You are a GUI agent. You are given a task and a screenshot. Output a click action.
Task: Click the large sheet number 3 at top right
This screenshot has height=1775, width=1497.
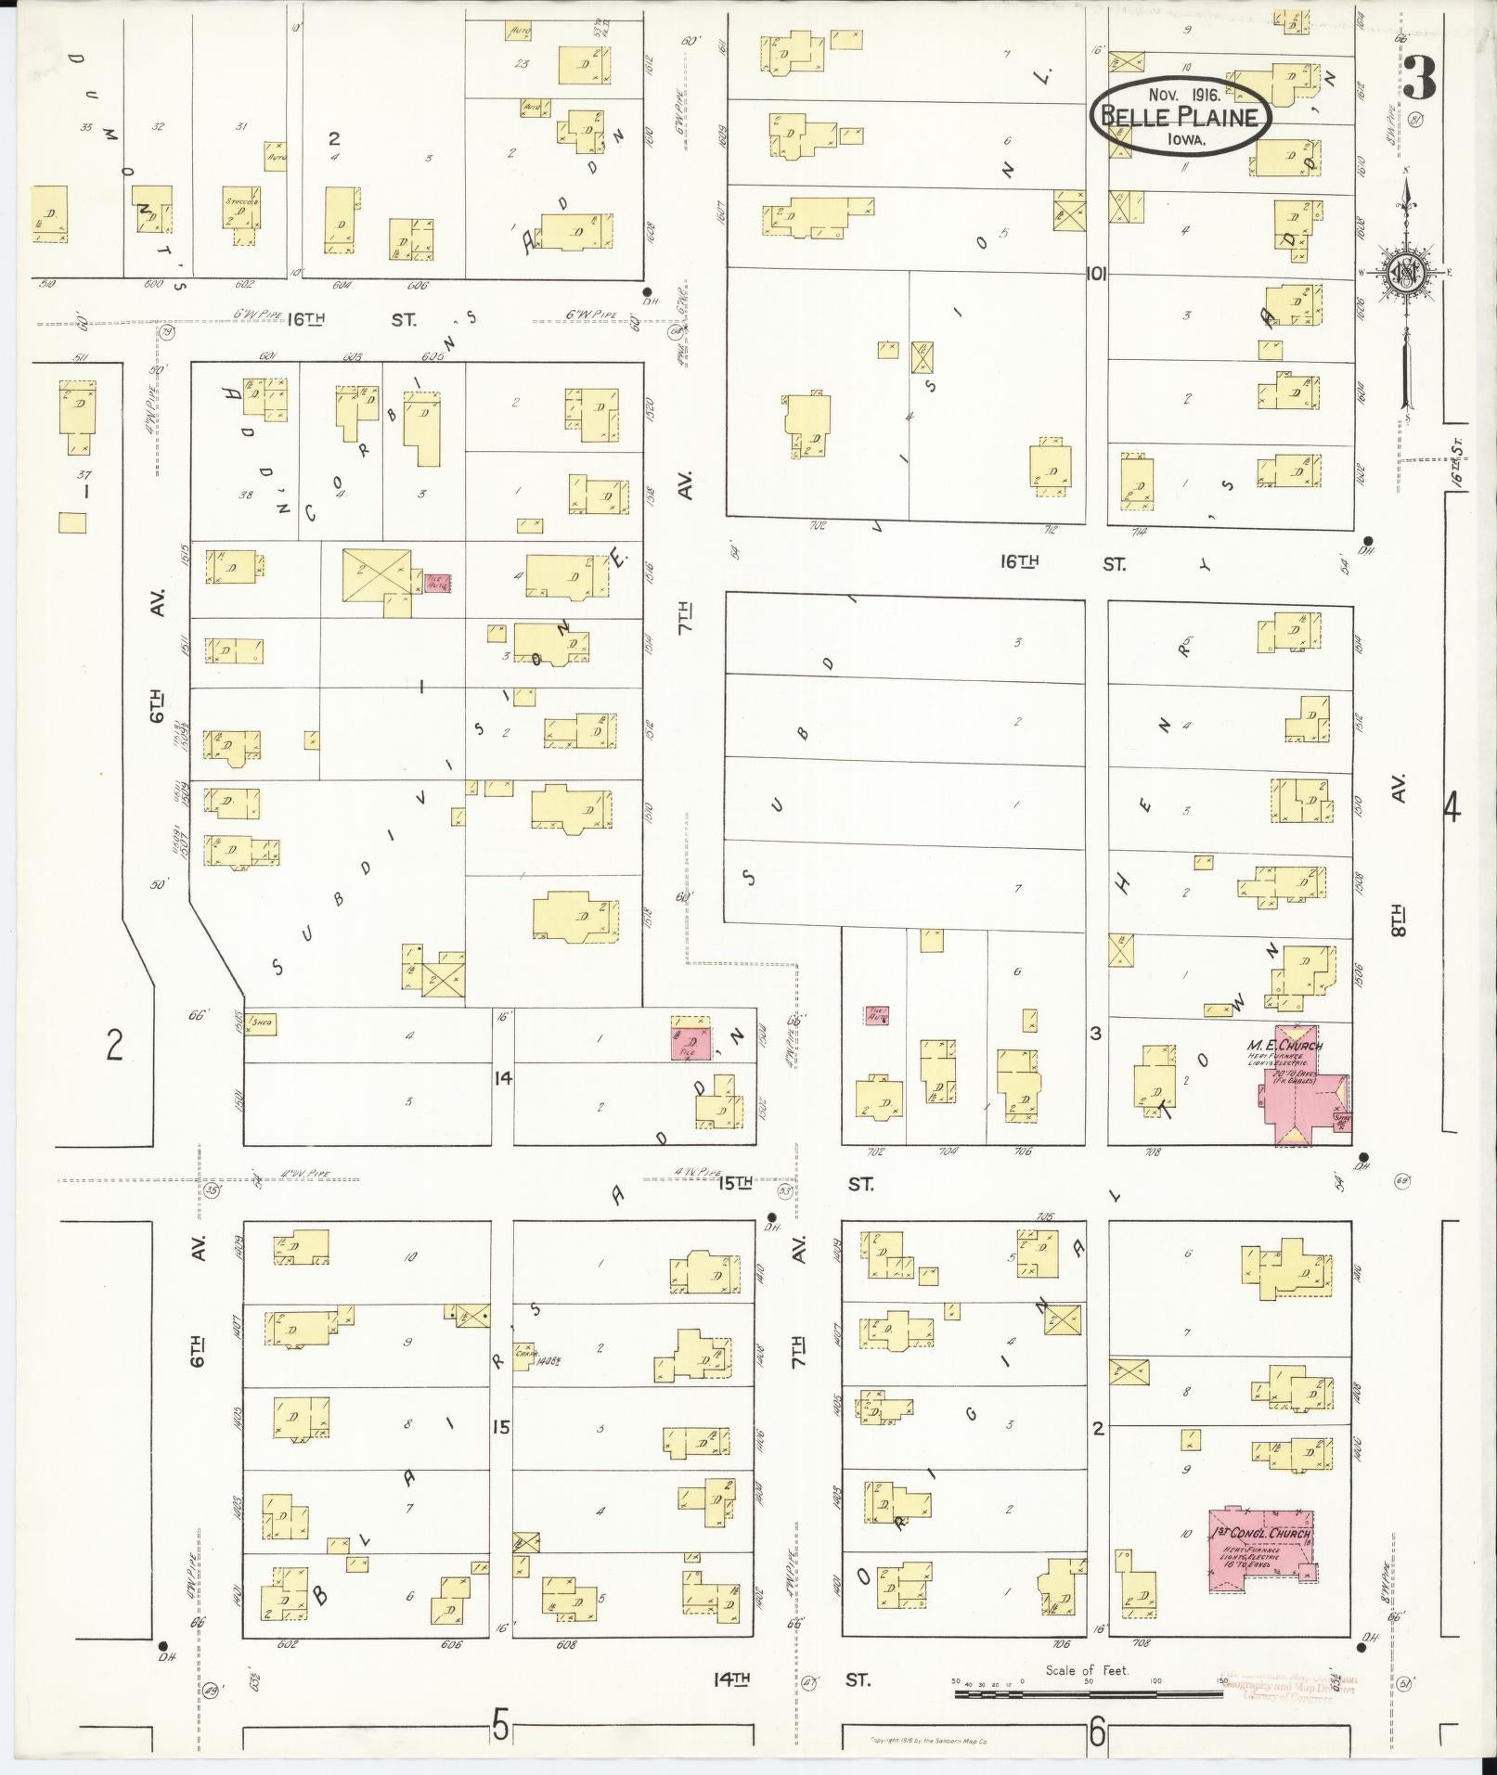coord(1419,78)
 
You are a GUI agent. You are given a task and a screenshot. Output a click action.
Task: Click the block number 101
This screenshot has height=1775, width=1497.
coord(1097,275)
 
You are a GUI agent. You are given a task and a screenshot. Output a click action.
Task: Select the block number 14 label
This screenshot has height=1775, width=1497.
coord(502,1078)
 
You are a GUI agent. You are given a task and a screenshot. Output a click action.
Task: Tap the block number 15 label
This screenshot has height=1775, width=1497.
coord(501,1427)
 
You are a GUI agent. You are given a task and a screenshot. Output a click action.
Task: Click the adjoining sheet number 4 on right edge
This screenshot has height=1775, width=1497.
coord(1452,809)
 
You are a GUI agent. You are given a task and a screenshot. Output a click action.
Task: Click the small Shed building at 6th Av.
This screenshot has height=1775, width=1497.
coord(261,1024)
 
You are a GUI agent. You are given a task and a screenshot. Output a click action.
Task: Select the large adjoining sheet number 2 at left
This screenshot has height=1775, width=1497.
coord(113,1046)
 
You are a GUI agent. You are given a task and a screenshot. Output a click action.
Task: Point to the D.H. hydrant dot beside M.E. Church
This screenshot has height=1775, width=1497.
coord(1363,1157)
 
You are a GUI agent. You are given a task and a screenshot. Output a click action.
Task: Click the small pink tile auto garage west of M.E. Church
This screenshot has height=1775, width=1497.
coord(876,1015)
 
